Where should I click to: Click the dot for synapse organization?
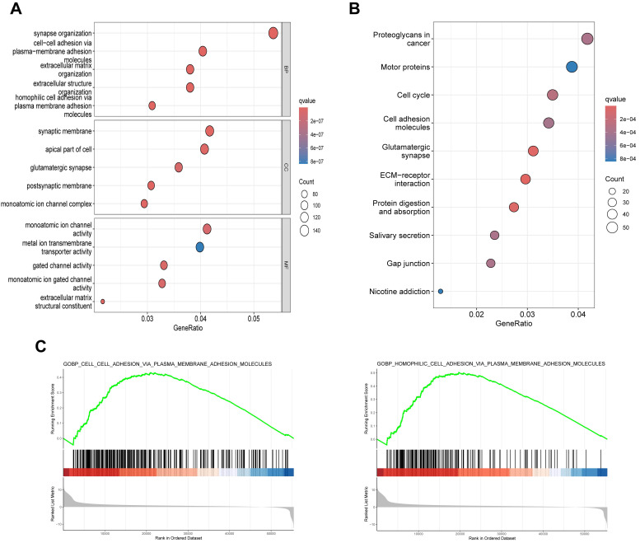click(273, 33)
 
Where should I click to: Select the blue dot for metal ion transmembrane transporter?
click(199, 247)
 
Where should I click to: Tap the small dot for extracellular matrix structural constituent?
click(103, 302)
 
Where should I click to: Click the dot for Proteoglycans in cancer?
click(587, 39)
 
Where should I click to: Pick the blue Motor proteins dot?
click(572, 67)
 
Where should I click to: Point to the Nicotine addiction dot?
click(441, 291)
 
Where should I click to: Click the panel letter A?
click(16, 10)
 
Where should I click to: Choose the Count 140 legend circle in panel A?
click(305, 231)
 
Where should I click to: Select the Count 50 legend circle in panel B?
click(612, 227)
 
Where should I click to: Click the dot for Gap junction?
click(491, 264)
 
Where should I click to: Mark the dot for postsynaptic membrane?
click(151, 185)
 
